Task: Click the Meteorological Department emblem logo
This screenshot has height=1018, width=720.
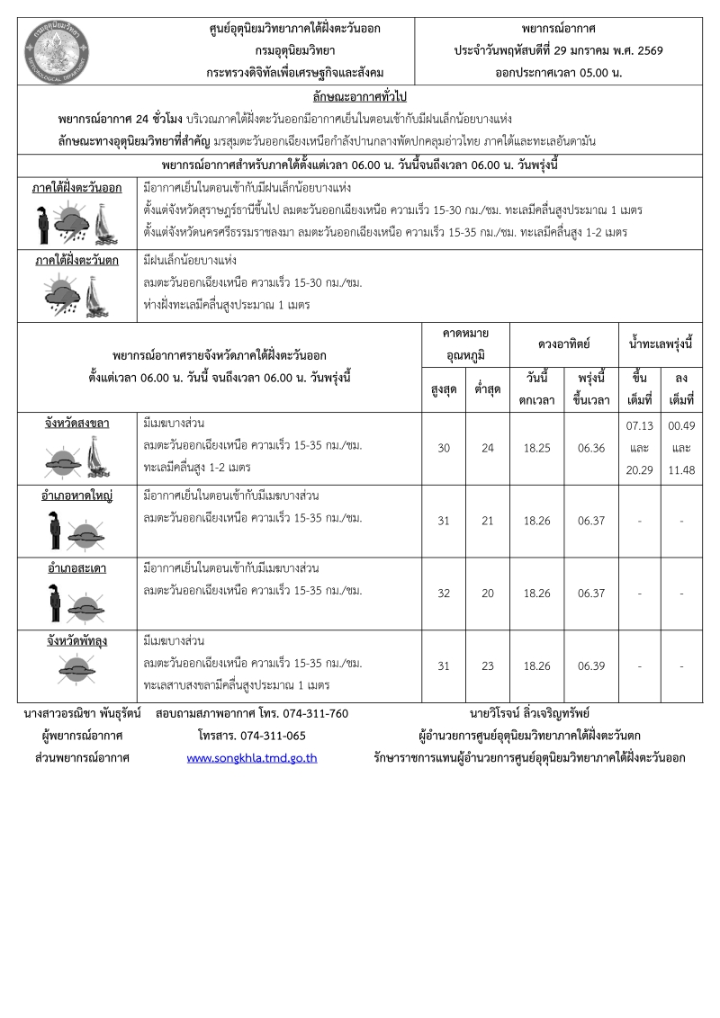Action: click(56, 49)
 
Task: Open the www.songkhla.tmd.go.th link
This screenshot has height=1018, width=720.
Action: click(252, 758)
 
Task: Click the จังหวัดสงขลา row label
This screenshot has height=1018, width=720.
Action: click(77, 423)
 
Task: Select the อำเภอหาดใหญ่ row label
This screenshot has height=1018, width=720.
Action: click(77, 496)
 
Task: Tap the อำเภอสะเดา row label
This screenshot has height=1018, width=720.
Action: click(77, 569)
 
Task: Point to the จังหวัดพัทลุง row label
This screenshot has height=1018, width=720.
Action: click(77, 642)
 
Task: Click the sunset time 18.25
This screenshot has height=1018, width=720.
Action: click(537, 448)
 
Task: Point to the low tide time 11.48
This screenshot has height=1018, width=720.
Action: click(681, 469)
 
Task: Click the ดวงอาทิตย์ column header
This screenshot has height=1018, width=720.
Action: click(563, 344)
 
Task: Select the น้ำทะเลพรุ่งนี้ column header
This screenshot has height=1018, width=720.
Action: click(661, 344)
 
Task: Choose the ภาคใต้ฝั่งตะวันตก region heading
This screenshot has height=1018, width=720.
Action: click(77, 261)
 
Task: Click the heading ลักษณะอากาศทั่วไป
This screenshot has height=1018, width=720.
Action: click(359, 96)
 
